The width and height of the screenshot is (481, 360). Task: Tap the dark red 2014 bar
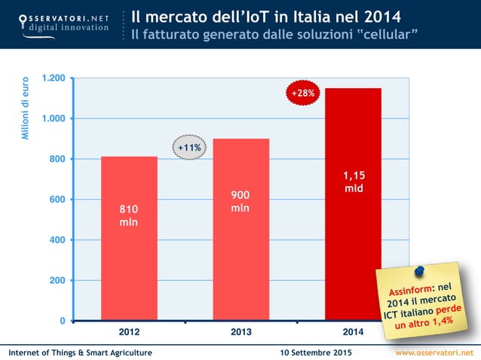point(353,226)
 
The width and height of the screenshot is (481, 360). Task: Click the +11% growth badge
point(188,148)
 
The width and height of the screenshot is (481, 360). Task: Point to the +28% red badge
point(304,93)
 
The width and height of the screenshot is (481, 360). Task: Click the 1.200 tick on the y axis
point(54,78)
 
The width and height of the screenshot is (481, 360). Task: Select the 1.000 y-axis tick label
point(54,119)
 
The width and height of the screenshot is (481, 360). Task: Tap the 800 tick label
point(57,159)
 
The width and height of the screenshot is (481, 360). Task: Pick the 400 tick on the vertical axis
point(57,240)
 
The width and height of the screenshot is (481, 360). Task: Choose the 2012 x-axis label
point(129,332)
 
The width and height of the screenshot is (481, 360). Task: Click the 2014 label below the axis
point(353,332)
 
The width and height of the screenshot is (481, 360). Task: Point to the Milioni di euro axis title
point(25,107)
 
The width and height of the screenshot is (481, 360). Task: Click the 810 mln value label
point(129,215)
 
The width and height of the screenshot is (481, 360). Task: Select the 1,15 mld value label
point(353,182)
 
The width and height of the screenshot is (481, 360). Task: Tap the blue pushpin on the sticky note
point(419,269)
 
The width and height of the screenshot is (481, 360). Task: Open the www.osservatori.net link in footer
point(436,352)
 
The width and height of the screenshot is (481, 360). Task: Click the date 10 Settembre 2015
point(315,352)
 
